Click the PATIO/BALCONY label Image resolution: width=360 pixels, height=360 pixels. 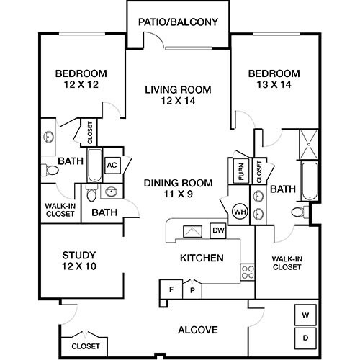(x=178, y=22)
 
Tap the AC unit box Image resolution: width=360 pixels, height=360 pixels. (x=112, y=164)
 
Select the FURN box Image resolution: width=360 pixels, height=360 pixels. (x=240, y=171)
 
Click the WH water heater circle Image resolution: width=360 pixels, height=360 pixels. (x=239, y=212)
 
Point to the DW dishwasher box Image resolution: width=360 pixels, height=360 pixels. (x=217, y=230)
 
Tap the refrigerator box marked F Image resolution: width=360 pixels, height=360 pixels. (x=171, y=289)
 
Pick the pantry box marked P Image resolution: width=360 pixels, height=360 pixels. (x=192, y=289)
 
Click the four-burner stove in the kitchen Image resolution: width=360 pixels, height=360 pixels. (x=247, y=271)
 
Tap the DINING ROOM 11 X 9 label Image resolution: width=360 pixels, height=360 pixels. (x=177, y=188)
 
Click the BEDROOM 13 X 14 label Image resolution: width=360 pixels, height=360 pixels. (x=274, y=79)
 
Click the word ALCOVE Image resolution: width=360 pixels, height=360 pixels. (x=197, y=330)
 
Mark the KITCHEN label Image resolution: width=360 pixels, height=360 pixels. (x=201, y=258)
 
